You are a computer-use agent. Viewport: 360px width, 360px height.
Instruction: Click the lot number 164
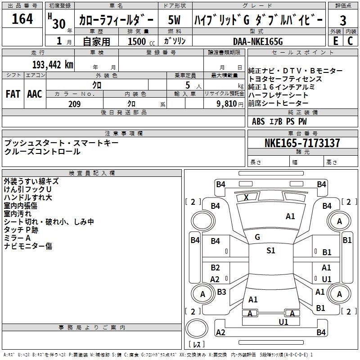[22, 19]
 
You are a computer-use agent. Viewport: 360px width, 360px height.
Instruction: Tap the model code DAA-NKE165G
[257, 41]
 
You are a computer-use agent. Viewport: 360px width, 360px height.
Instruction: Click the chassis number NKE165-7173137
[302, 143]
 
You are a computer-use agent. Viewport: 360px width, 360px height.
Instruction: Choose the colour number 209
[74, 104]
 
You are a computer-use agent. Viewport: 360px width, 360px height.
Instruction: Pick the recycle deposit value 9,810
[227, 104]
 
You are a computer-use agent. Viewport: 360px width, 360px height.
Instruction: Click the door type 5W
[175, 20]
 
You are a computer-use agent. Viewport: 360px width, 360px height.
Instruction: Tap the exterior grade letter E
[335, 41]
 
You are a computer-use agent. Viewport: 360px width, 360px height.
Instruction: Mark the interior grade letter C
[350, 41]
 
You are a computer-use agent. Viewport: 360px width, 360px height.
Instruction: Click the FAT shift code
[13, 94]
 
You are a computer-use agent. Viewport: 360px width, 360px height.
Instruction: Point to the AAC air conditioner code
[35, 94]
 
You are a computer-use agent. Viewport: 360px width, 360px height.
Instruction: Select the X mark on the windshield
[246, 197]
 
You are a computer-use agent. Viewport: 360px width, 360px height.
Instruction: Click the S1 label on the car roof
[270, 251]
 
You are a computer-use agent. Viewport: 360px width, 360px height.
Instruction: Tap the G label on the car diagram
[257, 237]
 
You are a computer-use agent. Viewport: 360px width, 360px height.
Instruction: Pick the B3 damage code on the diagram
[221, 292]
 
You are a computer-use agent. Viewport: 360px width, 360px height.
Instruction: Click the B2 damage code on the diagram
[216, 268]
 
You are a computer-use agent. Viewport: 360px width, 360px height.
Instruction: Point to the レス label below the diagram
[197, 345]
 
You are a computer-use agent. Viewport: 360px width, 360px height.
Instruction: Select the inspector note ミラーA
[17, 238]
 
